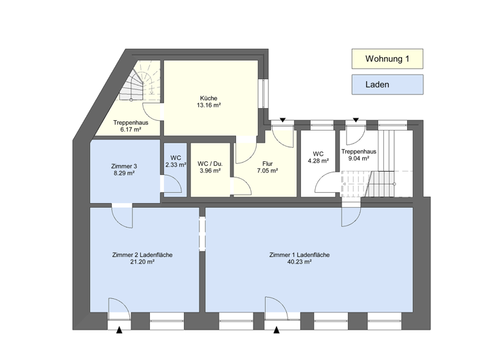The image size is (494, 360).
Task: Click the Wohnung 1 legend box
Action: click(x=387, y=59)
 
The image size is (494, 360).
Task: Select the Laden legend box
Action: click(x=387, y=84)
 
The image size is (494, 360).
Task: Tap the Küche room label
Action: click(x=209, y=98)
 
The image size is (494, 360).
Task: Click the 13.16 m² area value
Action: click(x=209, y=105)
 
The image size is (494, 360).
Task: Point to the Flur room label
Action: click(x=268, y=163)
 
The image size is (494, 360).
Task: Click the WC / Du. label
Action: click(x=210, y=163)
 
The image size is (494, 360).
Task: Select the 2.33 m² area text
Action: click(x=176, y=165)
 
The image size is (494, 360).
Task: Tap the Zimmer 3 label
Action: click(x=124, y=165)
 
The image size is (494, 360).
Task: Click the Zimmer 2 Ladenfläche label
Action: click(x=142, y=255)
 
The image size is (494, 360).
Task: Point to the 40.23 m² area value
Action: click(x=299, y=262)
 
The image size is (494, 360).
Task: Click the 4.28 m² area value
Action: click(x=318, y=161)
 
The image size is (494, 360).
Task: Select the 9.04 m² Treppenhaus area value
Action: click(x=358, y=158)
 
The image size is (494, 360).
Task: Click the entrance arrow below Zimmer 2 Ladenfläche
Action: click(x=120, y=330)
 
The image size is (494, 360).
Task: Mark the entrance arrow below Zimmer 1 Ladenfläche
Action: click(x=277, y=330)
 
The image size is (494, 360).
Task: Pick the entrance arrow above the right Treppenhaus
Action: click(x=356, y=120)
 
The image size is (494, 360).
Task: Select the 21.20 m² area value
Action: click(x=142, y=262)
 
